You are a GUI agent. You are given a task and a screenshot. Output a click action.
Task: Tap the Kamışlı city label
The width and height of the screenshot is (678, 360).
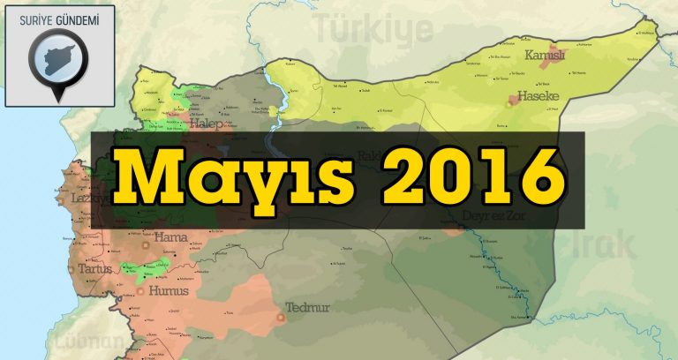544,56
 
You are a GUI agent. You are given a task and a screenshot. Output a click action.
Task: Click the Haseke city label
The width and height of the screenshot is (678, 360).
539,95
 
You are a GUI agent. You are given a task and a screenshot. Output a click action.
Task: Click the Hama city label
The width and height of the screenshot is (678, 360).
170,236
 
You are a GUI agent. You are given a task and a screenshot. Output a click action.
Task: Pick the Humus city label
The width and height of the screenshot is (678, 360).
169,290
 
